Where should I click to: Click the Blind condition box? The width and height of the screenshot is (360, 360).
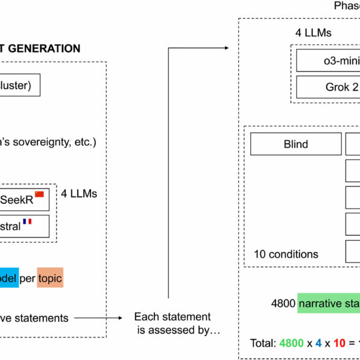coord(295,144)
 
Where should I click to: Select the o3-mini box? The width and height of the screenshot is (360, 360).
coord(328,60)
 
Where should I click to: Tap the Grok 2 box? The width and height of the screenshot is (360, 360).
coord(328,87)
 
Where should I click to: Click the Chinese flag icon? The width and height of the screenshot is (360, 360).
coord(40,194)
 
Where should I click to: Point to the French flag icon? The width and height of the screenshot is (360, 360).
coord(27,222)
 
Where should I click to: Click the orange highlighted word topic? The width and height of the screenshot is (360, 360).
coord(50,279)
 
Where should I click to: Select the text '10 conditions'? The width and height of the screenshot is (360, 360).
coord(286,254)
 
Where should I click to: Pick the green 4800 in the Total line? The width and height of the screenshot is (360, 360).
coord(291,344)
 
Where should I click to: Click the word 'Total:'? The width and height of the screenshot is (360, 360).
coord(264,344)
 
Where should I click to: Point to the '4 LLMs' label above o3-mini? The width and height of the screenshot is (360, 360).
coord(314,33)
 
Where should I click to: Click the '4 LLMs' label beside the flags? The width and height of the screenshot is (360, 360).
coord(80,194)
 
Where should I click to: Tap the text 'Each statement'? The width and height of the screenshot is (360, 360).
coord(164,317)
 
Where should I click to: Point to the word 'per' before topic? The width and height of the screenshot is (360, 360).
coord(27,279)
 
